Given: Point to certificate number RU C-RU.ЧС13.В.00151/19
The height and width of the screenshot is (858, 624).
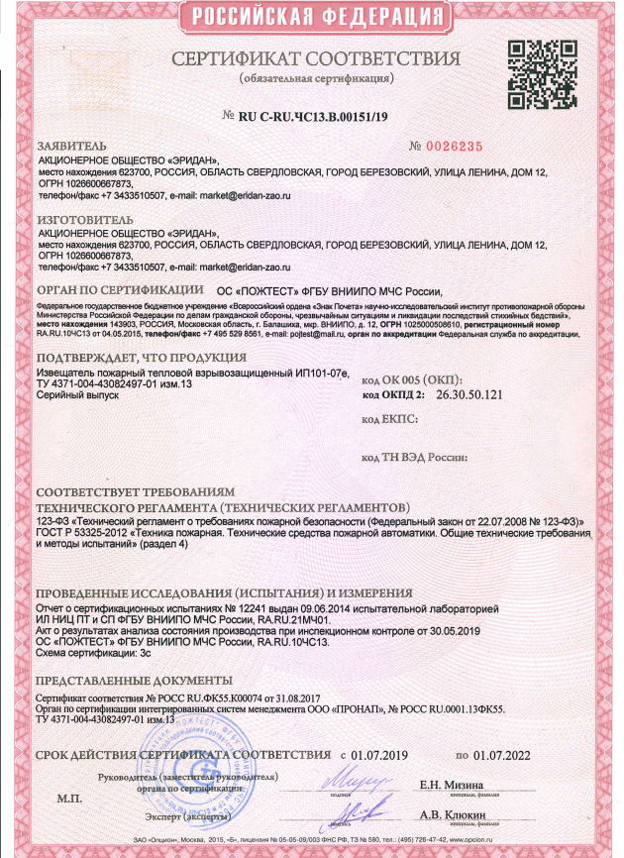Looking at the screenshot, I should point(315,116).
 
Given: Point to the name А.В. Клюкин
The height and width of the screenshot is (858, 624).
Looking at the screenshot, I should point(453,815).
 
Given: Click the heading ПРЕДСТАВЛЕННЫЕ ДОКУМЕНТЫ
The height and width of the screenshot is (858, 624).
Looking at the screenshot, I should point(127,683).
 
